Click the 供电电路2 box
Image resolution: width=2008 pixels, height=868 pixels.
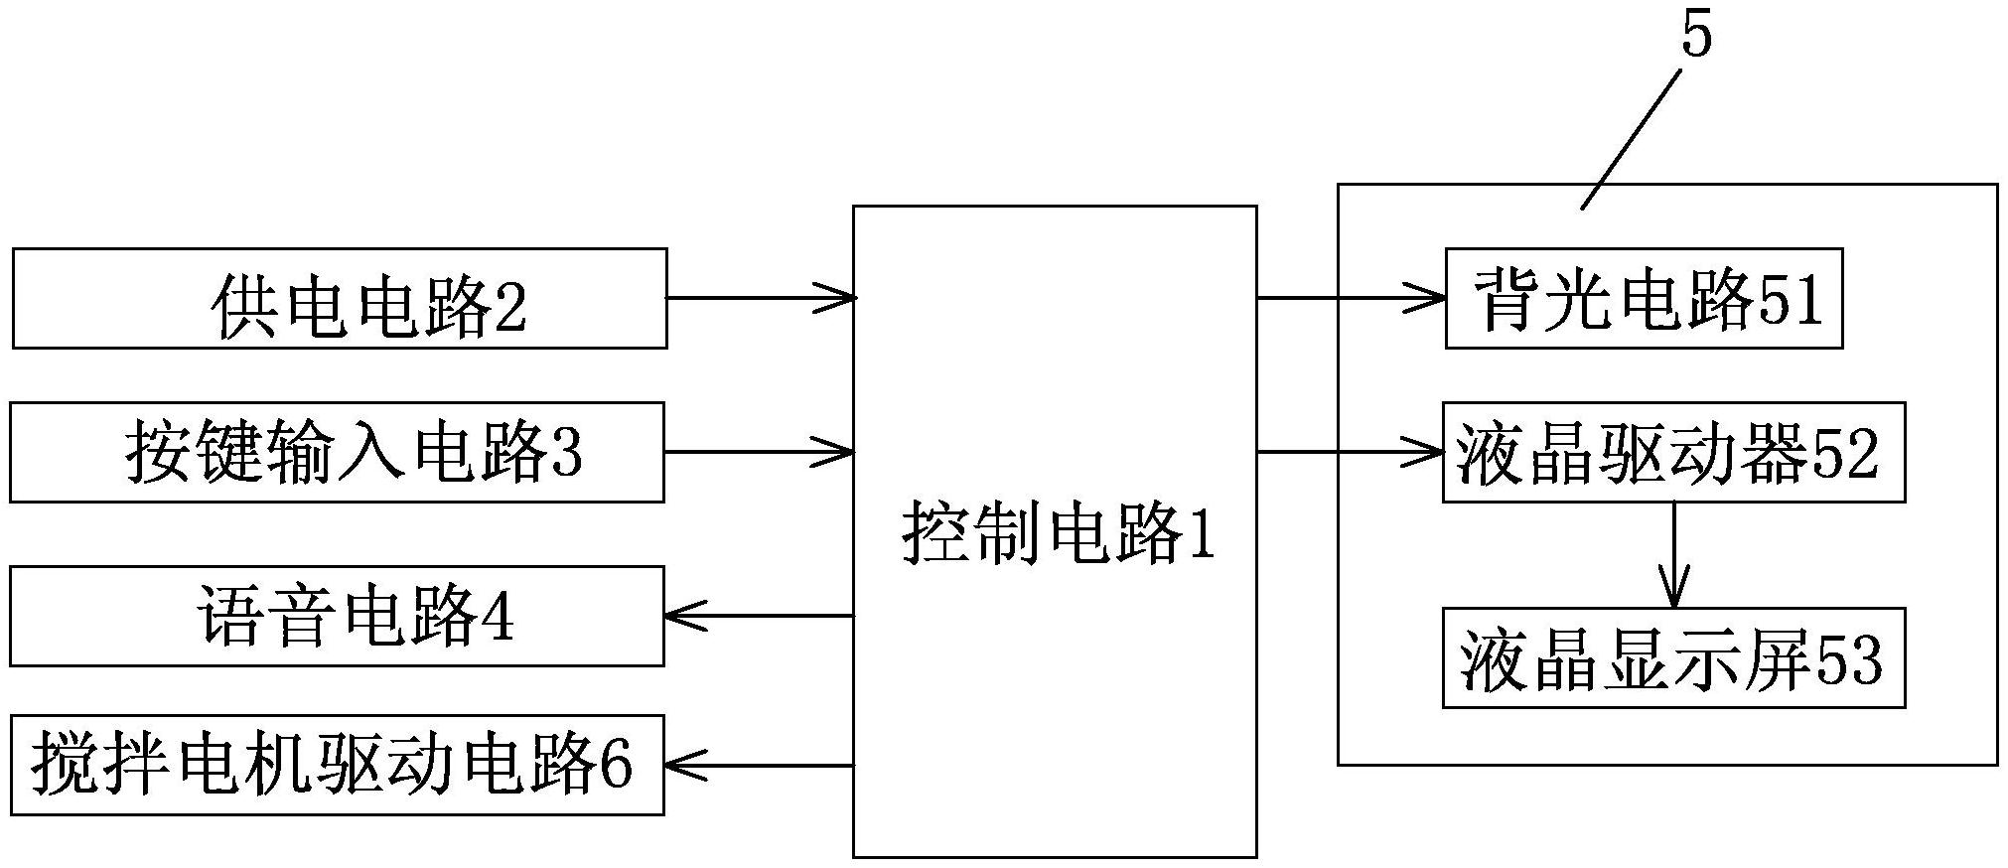tap(339, 298)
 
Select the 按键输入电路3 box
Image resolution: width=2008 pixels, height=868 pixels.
tap(337, 452)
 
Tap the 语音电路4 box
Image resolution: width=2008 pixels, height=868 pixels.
tap(337, 616)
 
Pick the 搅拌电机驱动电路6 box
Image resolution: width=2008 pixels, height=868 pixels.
tap(337, 765)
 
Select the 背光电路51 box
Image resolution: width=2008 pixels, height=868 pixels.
tap(1644, 298)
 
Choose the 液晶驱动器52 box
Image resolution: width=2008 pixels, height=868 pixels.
tap(1673, 452)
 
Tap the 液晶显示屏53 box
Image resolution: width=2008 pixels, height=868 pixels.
tap(1673, 657)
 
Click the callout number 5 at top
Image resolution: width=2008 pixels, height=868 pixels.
tap(1696, 38)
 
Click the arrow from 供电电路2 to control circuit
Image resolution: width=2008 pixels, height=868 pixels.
tap(760, 297)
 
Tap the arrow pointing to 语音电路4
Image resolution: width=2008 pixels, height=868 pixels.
tap(758, 616)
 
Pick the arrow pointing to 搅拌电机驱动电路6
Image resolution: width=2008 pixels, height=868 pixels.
tap(758, 765)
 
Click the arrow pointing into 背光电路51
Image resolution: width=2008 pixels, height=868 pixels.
tap(1351, 297)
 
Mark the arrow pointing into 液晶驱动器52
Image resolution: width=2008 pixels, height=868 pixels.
tap(1351, 453)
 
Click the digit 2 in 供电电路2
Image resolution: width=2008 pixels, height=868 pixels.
tap(509, 309)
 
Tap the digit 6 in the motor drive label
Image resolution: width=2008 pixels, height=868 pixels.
tap(616, 766)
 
